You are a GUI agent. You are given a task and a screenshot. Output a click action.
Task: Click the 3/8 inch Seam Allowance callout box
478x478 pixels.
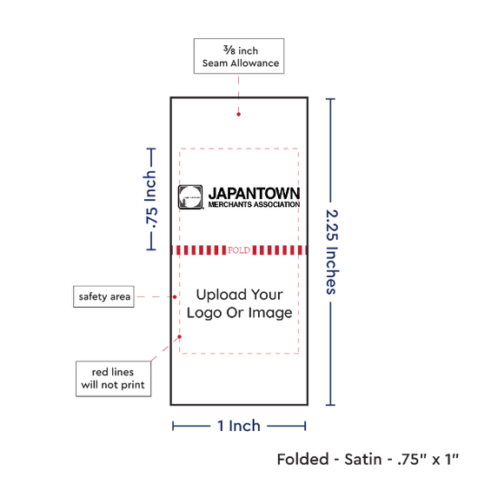click(239, 56)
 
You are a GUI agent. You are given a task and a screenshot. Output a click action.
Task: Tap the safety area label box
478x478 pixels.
click(103, 296)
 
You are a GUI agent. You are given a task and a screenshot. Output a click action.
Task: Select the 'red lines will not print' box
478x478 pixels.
click(113, 379)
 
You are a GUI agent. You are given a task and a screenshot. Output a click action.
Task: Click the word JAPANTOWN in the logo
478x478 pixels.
click(254, 193)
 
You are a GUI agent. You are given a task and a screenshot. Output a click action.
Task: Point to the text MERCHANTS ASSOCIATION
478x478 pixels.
click(254, 204)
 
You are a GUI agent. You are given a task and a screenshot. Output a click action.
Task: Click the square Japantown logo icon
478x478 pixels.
click(190, 197)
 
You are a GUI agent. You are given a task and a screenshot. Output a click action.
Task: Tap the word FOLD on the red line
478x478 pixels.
click(239, 250)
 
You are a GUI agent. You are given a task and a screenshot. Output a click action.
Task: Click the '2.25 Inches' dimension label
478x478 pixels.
click(332, 252)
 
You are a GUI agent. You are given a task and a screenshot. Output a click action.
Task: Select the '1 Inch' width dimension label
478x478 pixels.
click(239, 426)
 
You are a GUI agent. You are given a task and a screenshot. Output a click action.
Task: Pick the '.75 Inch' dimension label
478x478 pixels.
click(150, 200)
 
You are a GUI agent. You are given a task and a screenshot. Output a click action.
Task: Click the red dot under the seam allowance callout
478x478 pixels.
click(239, 115)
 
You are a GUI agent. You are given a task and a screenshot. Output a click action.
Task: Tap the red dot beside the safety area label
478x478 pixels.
click(175, 297)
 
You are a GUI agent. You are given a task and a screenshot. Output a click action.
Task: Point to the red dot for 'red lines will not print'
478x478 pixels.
click(180, 336)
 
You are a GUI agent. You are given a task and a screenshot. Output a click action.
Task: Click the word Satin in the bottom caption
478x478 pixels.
click(362, 459)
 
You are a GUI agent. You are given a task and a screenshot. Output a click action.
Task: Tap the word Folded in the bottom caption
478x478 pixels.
click(302, 459)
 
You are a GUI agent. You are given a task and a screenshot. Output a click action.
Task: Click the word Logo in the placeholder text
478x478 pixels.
click(204, 314)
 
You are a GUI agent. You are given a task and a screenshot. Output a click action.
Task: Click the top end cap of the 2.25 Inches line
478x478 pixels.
click(330, 99)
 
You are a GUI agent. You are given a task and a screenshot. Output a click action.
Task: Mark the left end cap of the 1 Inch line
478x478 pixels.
click(173, 426)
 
